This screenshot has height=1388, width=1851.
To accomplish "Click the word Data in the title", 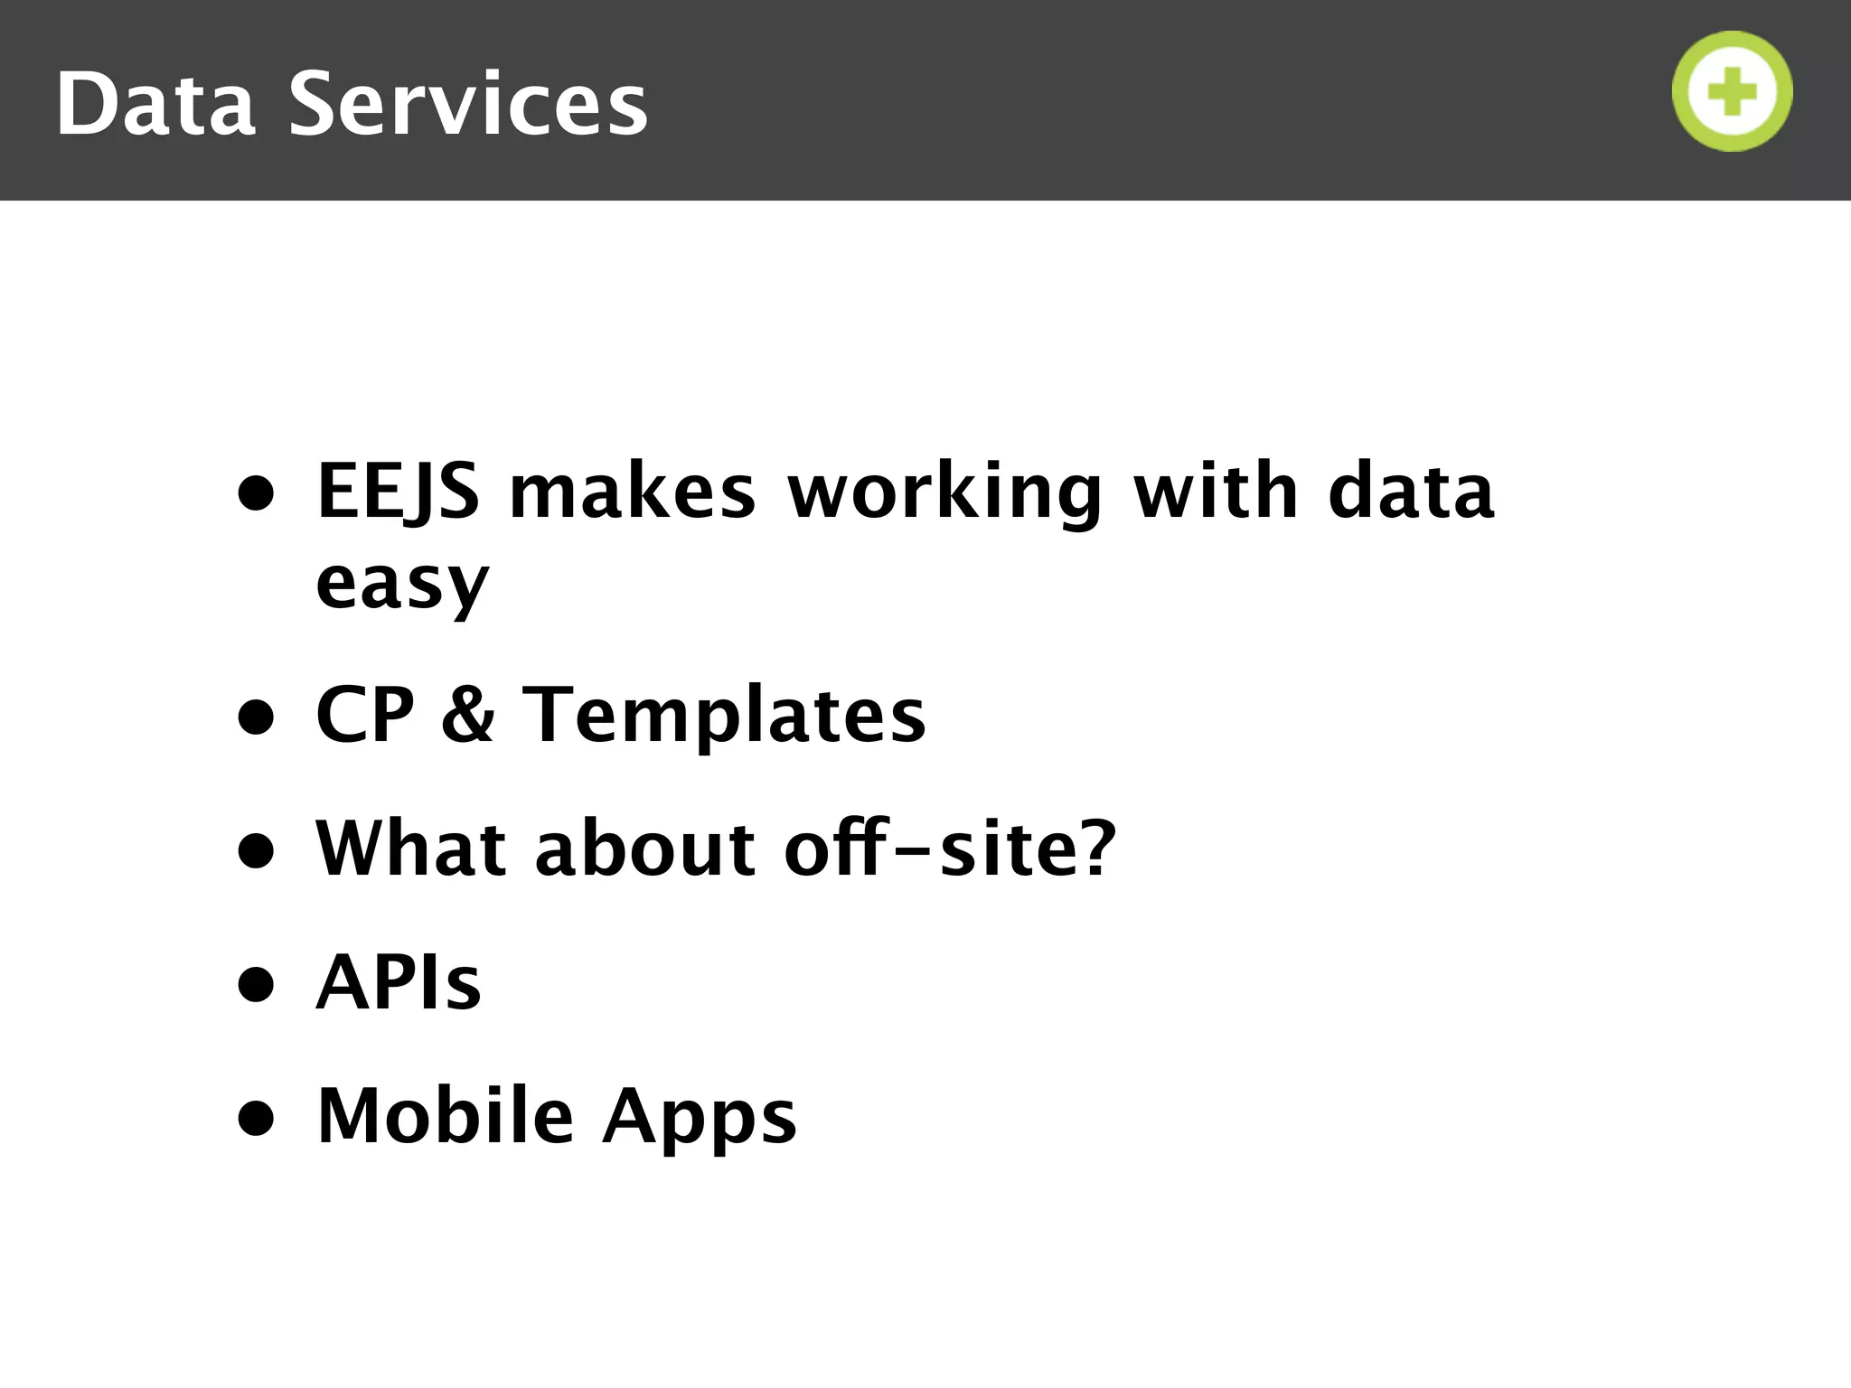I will [x=155, y=105].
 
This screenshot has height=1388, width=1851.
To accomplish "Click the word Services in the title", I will [x=468, y=105].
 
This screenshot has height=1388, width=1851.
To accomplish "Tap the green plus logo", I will [x=1732, y=91].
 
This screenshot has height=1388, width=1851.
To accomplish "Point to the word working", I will [x=944, y=492].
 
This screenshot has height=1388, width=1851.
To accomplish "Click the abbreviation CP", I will [x=365, y=715].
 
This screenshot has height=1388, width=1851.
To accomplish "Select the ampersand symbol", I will [x=468, y=715].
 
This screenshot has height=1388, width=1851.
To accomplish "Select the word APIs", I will [x=399, y=982].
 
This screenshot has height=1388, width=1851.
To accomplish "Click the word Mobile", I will [x=446, y=1116].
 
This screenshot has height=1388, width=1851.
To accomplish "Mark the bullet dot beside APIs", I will [x=256, y=984].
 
